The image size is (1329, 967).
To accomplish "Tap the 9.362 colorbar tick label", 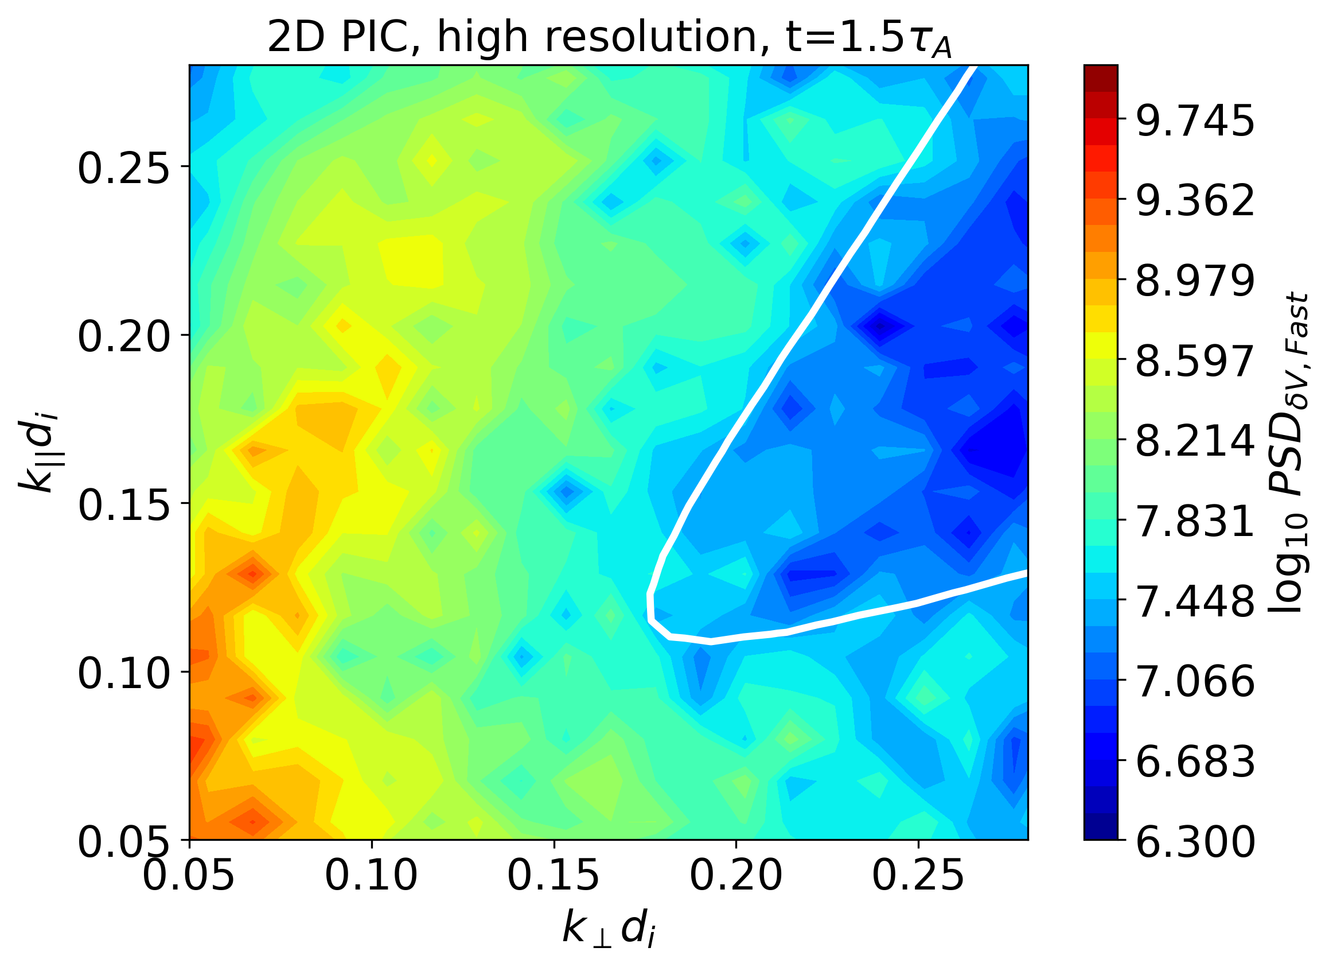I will click(x=1195, y=201).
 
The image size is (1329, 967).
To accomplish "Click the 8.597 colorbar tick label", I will click(x=1195, y=362).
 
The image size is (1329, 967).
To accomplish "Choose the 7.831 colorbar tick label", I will click(x=1195, y=522).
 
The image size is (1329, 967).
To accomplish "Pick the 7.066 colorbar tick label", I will click(x=1195, y=682).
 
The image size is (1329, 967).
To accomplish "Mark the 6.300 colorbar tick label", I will click(x=1195, y=842).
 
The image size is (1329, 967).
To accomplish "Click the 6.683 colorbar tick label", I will click(x=1195, y=762).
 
